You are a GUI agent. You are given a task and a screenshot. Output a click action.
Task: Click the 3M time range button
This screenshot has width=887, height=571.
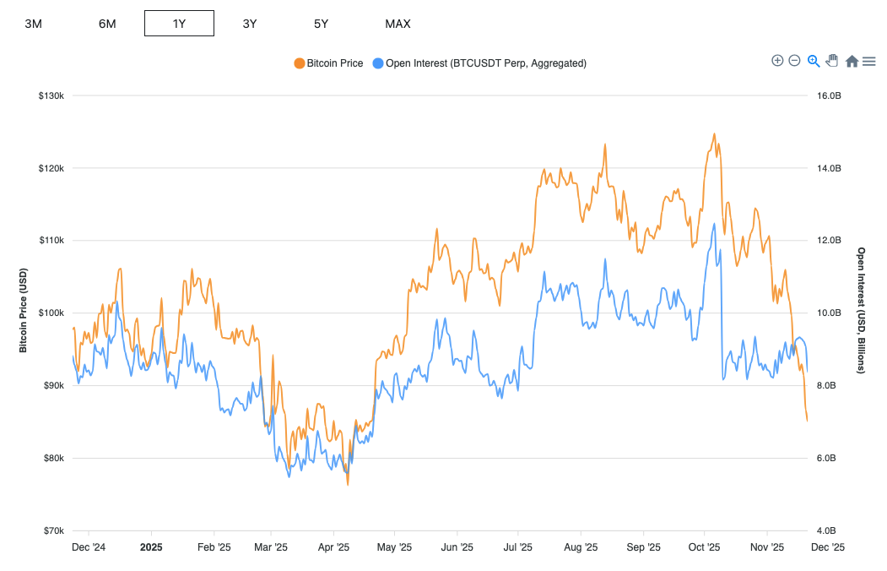point(34,24)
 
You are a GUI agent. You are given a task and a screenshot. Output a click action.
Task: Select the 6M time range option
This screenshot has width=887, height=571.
point(107,24)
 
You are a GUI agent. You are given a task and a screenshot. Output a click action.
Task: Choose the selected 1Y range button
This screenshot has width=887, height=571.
point(179,24)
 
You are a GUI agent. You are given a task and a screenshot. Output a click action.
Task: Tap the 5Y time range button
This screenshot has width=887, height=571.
point(321,24)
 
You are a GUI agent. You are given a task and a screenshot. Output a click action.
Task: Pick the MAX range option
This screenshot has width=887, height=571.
point(398,24)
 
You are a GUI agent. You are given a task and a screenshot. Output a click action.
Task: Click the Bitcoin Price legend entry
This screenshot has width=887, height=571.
point(328,63)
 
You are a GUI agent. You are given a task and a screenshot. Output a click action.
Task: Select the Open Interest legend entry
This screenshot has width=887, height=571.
point(479,63)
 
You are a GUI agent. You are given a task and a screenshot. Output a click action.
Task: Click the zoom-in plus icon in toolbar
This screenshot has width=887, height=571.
point(777,61)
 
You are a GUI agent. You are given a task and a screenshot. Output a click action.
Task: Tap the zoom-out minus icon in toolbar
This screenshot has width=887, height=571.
point(794,61)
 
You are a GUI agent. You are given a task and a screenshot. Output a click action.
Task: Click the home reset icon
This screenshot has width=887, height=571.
point(852,61)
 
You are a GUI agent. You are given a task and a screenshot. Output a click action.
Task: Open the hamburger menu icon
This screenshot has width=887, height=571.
point(868,61)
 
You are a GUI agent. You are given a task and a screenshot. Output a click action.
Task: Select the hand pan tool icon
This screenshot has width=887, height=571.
point(832,61)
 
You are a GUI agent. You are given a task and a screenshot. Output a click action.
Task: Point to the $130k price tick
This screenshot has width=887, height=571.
point(51,96)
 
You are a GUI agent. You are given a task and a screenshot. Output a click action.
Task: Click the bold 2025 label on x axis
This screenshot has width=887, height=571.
point(151,547)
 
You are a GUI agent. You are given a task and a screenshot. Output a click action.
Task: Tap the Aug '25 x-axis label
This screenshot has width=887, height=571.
point(581,547)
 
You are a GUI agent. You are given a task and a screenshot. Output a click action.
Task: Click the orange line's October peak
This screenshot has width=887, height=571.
point(714,133)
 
